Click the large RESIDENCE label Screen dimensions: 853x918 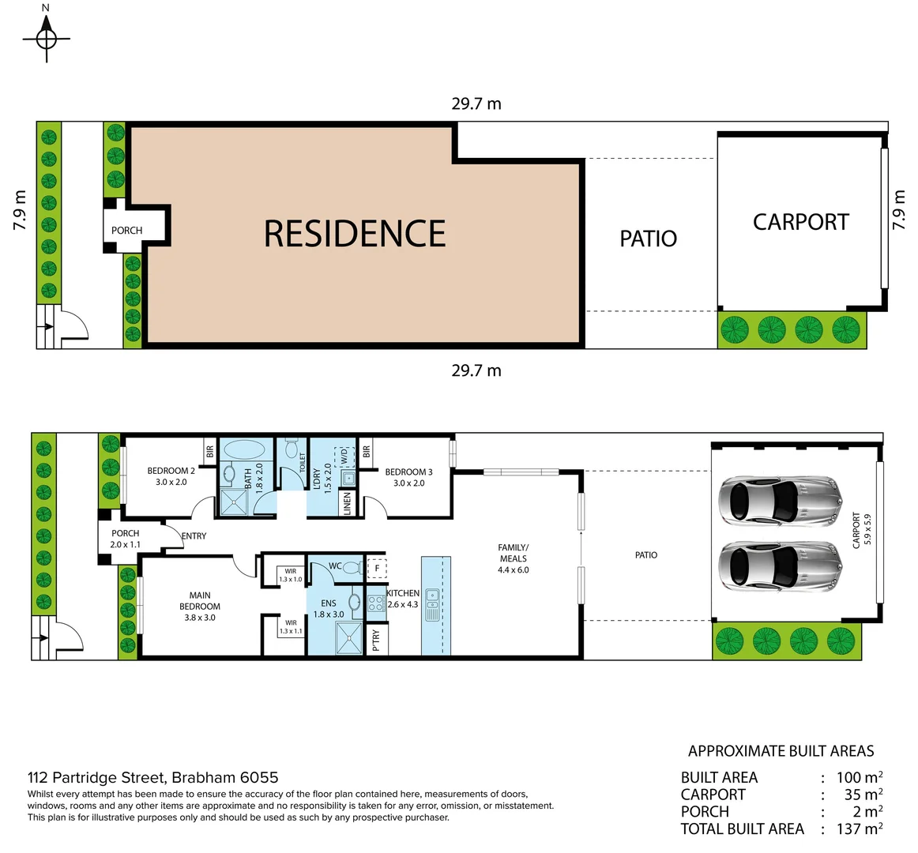point(355,234)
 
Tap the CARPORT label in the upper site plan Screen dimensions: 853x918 point(800,223)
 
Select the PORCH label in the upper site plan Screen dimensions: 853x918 point(126,231)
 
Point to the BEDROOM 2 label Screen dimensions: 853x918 point(171,476)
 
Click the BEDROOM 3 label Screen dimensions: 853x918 point(408,477)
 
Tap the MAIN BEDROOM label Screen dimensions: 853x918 point(200,607)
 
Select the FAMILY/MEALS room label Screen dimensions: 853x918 point(513,558)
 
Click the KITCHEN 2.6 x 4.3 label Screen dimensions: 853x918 point(403,599)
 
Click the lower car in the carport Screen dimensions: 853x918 point(779,566)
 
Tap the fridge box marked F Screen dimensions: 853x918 point(377,568)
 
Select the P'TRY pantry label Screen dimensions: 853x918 point(376,640)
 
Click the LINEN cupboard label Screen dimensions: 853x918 point(347,503)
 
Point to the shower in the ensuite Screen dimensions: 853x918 point(348,638)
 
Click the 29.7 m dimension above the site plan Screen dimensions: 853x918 point(476,103)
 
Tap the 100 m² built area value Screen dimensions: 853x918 point(859,777)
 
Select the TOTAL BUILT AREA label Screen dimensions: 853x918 point(742,829)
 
